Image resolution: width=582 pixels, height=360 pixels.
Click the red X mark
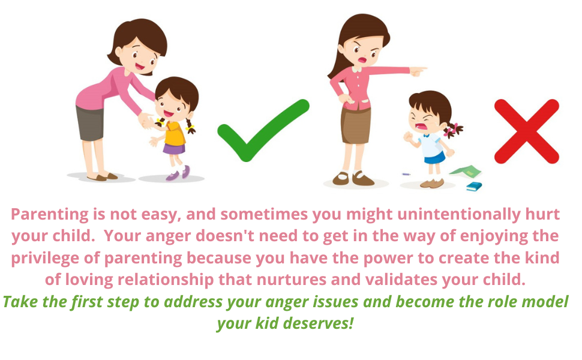[526, 131]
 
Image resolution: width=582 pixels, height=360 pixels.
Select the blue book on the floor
[474, 186]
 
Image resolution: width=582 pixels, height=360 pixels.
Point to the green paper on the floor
[465, 173]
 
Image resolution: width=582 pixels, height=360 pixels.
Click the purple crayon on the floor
[406, 175]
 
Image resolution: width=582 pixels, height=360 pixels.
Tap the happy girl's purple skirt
[174, 148]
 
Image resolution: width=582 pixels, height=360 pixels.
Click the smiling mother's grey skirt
[90, 123]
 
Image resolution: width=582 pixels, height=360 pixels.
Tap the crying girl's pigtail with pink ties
[454, 129]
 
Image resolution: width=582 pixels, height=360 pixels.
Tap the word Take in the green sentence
[20, 302]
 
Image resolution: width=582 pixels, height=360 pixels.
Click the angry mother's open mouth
[362, 59]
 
